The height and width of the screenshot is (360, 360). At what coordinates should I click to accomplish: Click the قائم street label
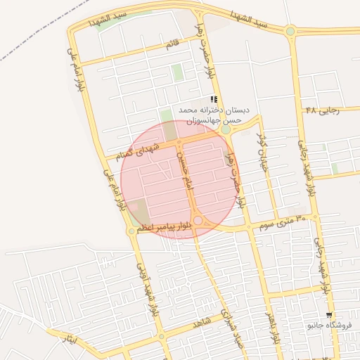pos(172,45)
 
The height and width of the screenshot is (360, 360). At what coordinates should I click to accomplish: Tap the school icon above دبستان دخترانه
pos(214,99)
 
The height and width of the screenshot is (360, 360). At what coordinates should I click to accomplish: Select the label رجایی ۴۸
pos(323,110)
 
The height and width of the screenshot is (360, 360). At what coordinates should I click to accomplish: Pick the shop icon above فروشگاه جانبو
pos(329,315)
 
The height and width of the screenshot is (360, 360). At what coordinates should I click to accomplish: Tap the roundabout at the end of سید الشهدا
pos(290,30)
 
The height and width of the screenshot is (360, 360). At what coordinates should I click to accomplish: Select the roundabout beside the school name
pos(225,129)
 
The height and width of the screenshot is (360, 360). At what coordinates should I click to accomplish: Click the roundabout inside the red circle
pos(198,221)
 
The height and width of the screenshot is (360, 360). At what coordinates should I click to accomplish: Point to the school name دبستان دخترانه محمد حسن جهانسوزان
pos(213,115)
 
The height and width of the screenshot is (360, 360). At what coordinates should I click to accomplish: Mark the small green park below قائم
pos(176,72)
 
